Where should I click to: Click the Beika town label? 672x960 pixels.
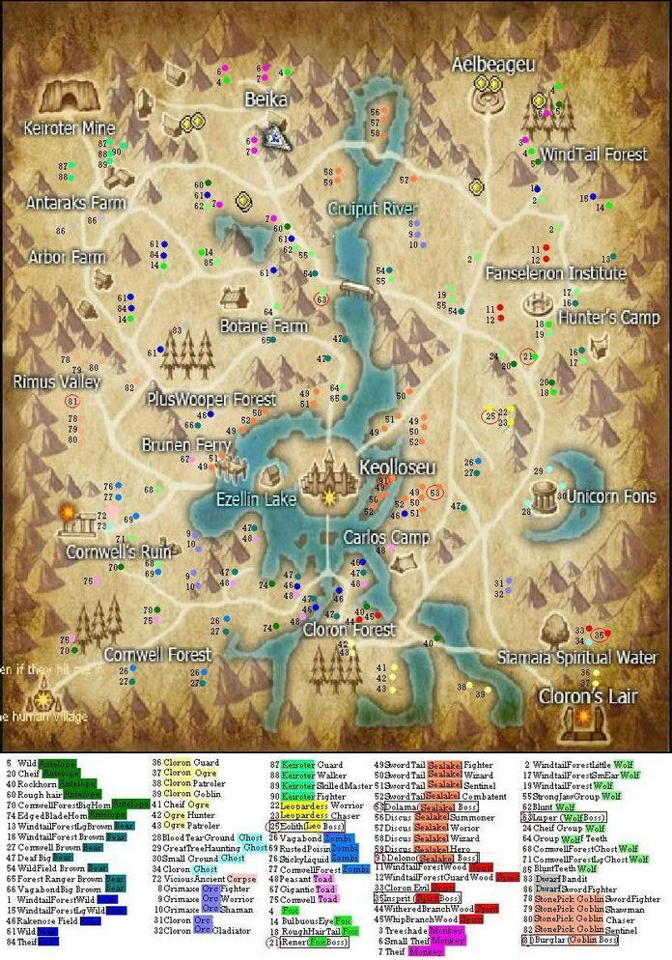point(266,99)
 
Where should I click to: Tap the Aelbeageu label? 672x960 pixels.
point(493,64)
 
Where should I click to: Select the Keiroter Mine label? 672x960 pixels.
point(70,128)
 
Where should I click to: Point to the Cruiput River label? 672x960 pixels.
point(372,209)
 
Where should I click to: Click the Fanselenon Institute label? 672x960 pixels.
point(555,273)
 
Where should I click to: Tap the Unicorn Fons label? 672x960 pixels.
point(611,496)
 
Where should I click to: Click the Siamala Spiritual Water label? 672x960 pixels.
point(577,658)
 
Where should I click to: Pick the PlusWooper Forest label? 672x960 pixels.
point(205,398)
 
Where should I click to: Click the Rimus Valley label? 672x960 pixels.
point(57,382)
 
